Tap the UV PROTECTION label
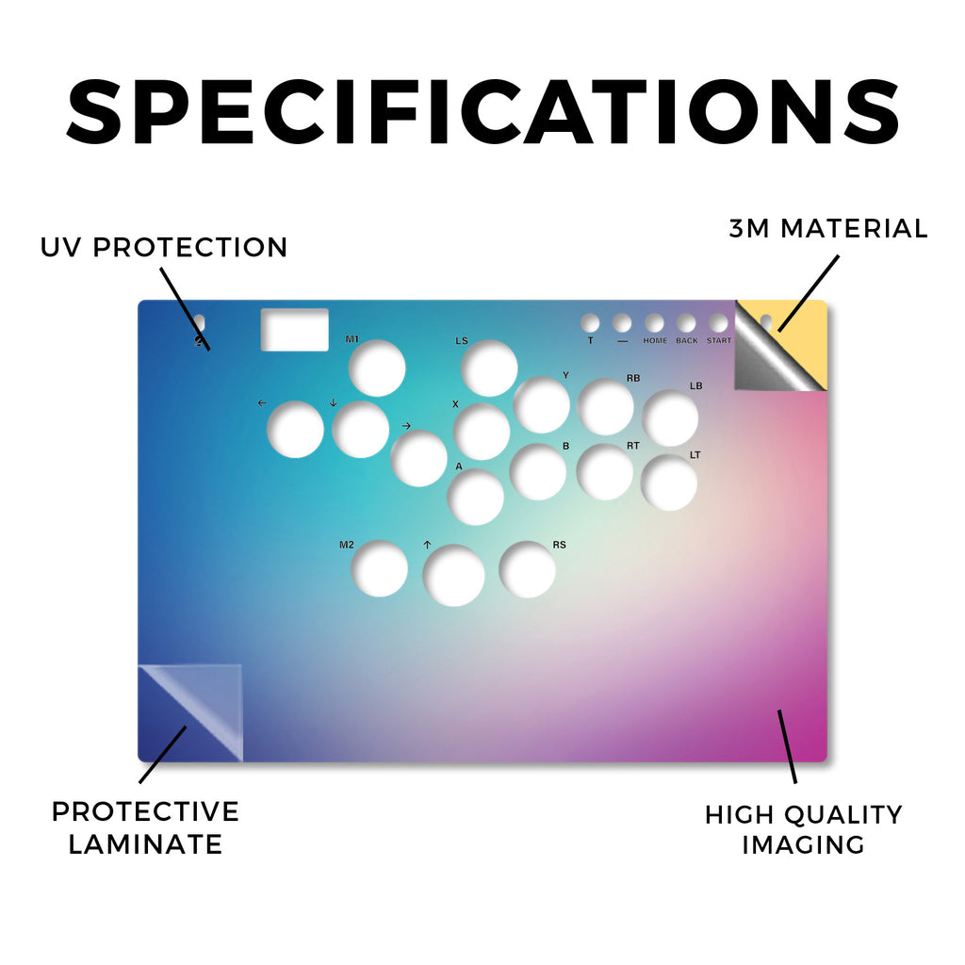[x=164, y=248]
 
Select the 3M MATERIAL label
[x=827, y=228]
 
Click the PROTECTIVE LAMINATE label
[x=145, y=827]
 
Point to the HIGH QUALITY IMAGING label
[x=803, y=829]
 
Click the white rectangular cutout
[x=295, y=330]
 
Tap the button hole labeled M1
[x=377, y=368]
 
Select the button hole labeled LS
[x=489, y=368]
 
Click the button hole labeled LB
[x=670, y=417]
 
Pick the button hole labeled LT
[x=669, y=482]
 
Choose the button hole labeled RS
[x=528, y=569]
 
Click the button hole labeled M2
[x=379, y=568]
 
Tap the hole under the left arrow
[x=295, y=430]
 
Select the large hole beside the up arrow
[x=453, y=576]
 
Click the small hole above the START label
[x=718, y=323]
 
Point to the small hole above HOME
[x=654, y=323]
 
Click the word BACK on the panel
[x=687, y=340]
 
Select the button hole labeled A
[x=476, y=498]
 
